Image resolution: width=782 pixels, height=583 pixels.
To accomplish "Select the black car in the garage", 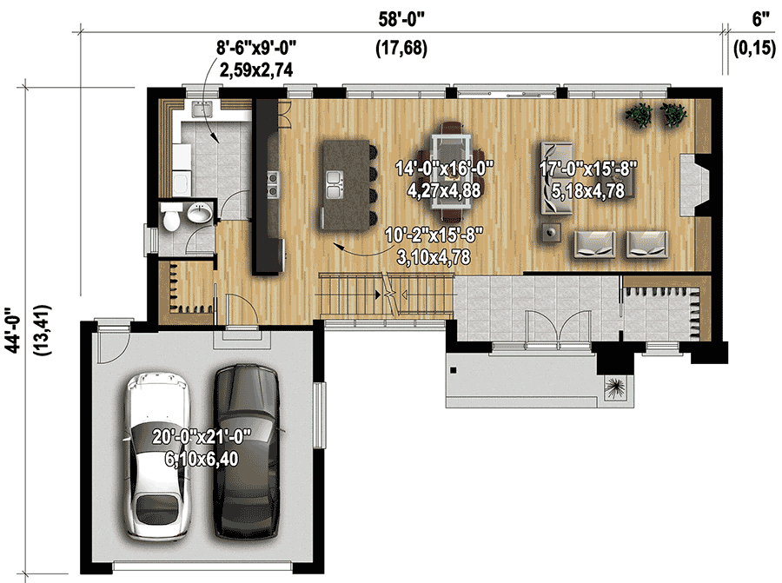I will click(x=246, y=452).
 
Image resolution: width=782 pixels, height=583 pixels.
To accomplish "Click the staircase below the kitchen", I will click(x=387, y=295).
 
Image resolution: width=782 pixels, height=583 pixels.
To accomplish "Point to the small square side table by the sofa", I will click(x=550, y=232).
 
